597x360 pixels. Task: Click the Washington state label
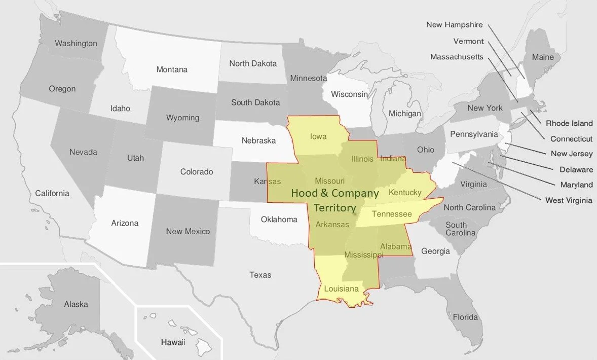[76, 44]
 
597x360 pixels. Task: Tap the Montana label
[171, 69]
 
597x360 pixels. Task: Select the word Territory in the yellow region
[334, 208]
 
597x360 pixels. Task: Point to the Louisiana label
[342, 289]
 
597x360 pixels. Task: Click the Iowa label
[318, 136]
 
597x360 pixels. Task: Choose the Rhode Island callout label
[569, 123]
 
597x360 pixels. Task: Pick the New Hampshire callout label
[454, 25]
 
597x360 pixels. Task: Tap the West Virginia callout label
[568, 200]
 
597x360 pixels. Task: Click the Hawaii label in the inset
[173, 342]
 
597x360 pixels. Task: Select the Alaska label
[76, 304]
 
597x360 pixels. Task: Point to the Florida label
[465, 317]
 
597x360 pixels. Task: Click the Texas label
[260, 275]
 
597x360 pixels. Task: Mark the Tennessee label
[392, 214]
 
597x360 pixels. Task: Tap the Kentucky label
[405, 193]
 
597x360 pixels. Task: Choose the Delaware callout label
[576, 169]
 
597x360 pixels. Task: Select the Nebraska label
[258, 140]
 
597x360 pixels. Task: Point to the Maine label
[543, 57]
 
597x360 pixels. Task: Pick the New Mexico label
[188, 232]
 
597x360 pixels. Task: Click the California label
[52, 193]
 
